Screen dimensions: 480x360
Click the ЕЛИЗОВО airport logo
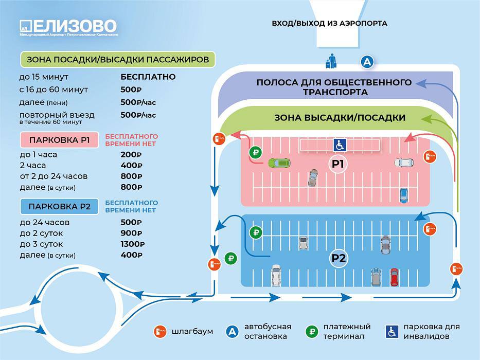pos(68,28)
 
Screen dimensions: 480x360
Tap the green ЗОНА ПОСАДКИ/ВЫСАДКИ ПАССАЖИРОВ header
pos(118,59)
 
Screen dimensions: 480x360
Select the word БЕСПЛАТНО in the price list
pos(148,77)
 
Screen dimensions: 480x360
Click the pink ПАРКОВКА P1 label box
pos(59,140)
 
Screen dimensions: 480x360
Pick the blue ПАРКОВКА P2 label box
pos(59,206)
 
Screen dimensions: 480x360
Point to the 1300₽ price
pos(133,244)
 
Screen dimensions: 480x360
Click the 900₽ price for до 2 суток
pos(131,233)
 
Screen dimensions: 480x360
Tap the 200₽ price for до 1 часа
pos(131,155)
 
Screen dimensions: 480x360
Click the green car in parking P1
pos(279,163)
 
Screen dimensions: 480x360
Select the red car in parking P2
pos(394,277)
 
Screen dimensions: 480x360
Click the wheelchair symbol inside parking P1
pos(340,145)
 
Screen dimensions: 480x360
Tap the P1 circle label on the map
pos(338,164)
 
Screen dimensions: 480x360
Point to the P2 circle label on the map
pos(339,258)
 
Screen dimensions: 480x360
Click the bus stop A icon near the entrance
pos(367,62)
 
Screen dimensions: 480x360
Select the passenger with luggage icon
pos(331,61)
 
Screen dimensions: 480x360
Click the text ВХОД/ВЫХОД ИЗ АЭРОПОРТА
pos(329,23)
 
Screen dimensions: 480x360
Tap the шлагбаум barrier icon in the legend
pos(160,331)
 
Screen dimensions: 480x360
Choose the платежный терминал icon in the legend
pos(312,331)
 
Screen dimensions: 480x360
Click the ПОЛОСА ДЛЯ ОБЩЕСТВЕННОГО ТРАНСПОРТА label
pos(334,87)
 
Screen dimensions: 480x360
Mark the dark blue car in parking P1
pos(404,195)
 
